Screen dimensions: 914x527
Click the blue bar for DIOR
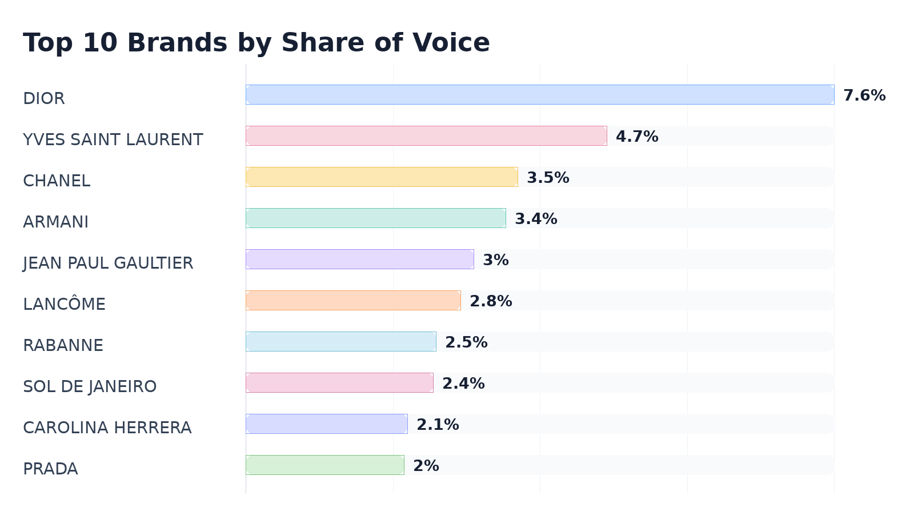540,95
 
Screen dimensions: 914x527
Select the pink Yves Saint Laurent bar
426,136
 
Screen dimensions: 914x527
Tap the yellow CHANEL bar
382,177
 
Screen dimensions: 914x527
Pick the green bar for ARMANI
376,218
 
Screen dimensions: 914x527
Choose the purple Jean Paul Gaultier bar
360,259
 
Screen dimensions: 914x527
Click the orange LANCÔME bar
354,301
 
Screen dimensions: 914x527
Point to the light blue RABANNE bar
341,342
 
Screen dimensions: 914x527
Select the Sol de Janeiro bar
339,382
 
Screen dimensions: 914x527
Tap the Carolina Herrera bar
327,424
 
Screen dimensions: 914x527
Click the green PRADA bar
325,465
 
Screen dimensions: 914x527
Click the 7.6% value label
864,95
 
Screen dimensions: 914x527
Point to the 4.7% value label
637,137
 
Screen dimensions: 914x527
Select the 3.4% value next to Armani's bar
536,219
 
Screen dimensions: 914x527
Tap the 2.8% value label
491,301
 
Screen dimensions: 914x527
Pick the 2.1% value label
438,425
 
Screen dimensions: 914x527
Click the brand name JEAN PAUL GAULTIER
108,263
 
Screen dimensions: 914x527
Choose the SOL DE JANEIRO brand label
90,386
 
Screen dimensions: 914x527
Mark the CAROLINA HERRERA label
107,428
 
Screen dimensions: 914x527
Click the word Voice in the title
451,42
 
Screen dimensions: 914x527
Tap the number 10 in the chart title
100,42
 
